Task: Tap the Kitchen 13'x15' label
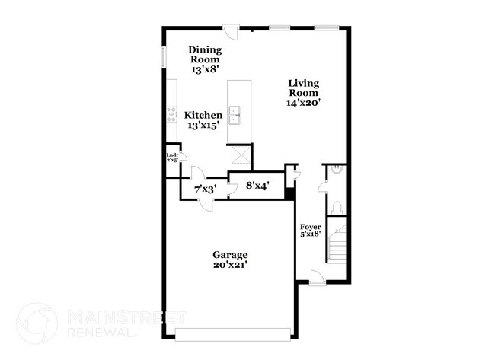click(x=204, y=120)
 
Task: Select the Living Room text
click(x=303, y=93)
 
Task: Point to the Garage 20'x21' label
click(x=230, y=260)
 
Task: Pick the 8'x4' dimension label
click(x=257, y=184)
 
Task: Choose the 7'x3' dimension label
click(x=206, y=188)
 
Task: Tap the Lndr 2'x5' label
click(x=171, y=158)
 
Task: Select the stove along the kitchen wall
click(x=171, y=116)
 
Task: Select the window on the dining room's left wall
click(x=163, y=59)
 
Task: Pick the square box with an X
click(x=241, y=155)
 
